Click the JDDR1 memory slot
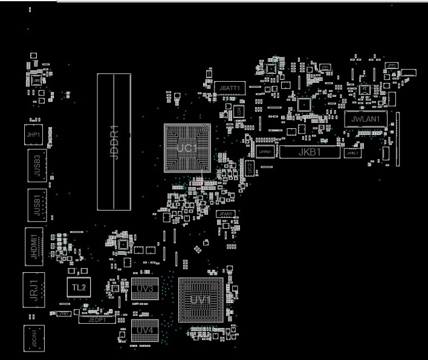click(114, 142)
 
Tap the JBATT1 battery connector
click(230, 88)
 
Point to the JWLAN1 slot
click(365, 119)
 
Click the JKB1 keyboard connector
click(310, 152)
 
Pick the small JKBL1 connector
click(352, 153)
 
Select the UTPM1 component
click(265, 152)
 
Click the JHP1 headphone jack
click(33, 134)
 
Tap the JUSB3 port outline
click(37, 164)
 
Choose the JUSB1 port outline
click(37, 205)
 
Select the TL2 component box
click(79, 287)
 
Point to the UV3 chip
click(144, 289)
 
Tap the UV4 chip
click(144, 330)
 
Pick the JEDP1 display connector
click(97, 319)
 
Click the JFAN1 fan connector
click(225, 214)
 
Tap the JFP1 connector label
click(392, 65)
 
